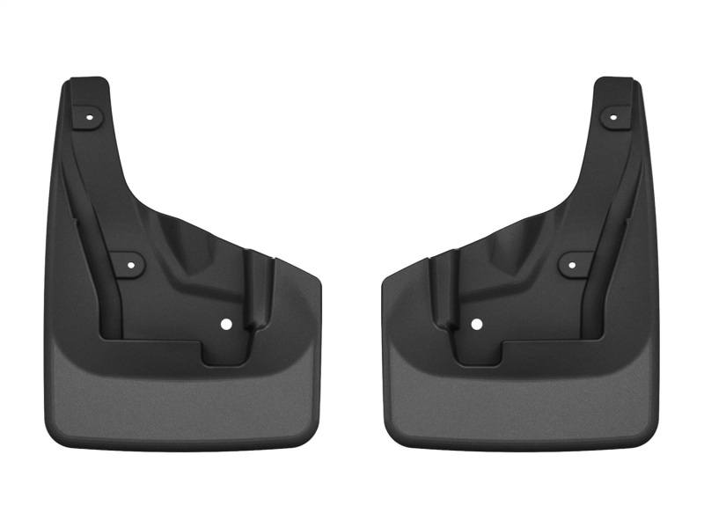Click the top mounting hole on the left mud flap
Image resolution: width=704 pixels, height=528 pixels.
pyautogui.click(x=91, y=115)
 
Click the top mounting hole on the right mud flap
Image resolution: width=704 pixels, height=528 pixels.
pyautogui.click(x=613, y=115)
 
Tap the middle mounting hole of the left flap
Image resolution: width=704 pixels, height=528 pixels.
pyautogui.click(x=129, y=262)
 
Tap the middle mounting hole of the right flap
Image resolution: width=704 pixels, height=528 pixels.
pyautogui.click(x=574, y=262)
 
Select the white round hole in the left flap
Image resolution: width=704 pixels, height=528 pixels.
pyautogui.click(x=227, y=324)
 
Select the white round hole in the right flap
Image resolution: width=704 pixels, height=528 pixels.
pyautogui.click(x=476, y=324)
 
